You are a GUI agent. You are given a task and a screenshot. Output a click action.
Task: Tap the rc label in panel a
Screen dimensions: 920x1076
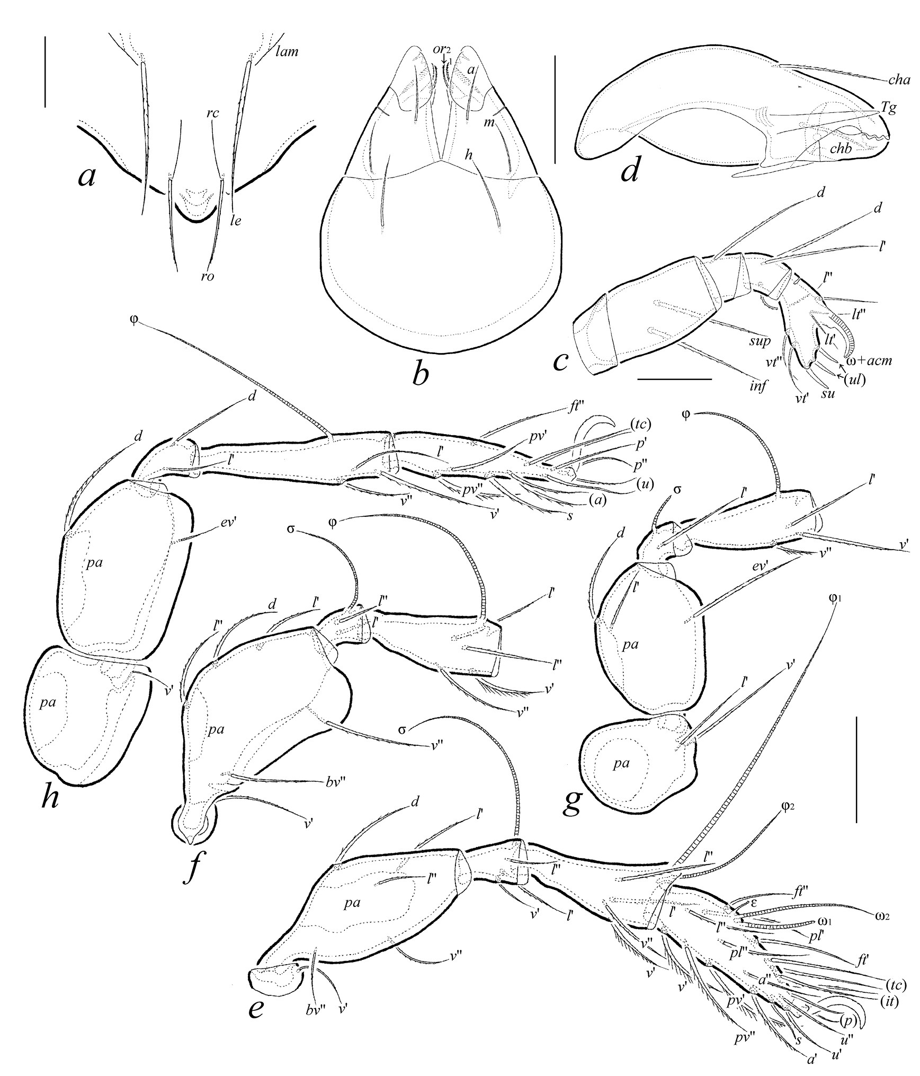tap(213, 113)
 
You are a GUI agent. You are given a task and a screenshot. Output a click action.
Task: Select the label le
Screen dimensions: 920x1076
tap(236, 220)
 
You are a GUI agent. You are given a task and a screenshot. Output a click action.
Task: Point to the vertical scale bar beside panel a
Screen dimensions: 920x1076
tap(46, 72)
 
